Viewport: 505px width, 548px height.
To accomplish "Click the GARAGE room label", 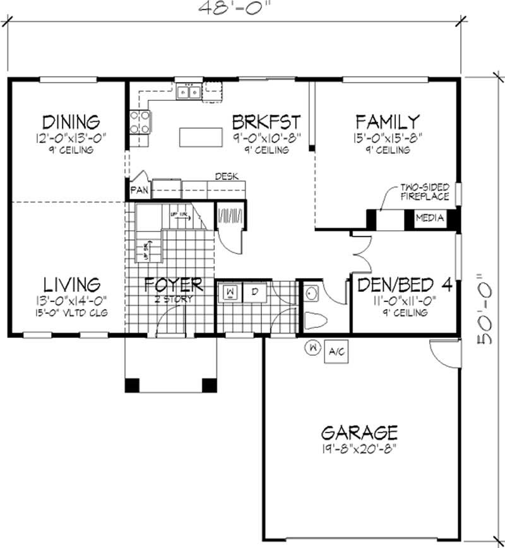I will click(359, 433).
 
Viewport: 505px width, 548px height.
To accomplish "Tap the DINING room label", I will click(71, 121).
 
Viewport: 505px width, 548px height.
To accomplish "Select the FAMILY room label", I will click(387, 121).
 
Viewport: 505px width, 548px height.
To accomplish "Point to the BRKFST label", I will click(265, 121).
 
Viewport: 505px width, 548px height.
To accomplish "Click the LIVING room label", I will click(71, 284).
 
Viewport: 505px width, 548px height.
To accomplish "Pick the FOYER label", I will click(173, 284).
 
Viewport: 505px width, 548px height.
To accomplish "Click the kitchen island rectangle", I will click(201, 137).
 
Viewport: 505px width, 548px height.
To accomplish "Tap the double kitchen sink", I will click(189, 93).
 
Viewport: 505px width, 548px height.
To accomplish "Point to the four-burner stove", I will click(140, 122).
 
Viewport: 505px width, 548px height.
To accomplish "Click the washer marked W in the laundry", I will click(230, 293).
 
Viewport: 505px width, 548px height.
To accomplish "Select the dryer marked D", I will click(255, 293).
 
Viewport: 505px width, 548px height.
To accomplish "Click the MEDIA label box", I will click(430, 218).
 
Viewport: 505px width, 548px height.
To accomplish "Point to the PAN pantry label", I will click(139, 190).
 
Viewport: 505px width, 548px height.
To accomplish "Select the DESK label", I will click(227, 176).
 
